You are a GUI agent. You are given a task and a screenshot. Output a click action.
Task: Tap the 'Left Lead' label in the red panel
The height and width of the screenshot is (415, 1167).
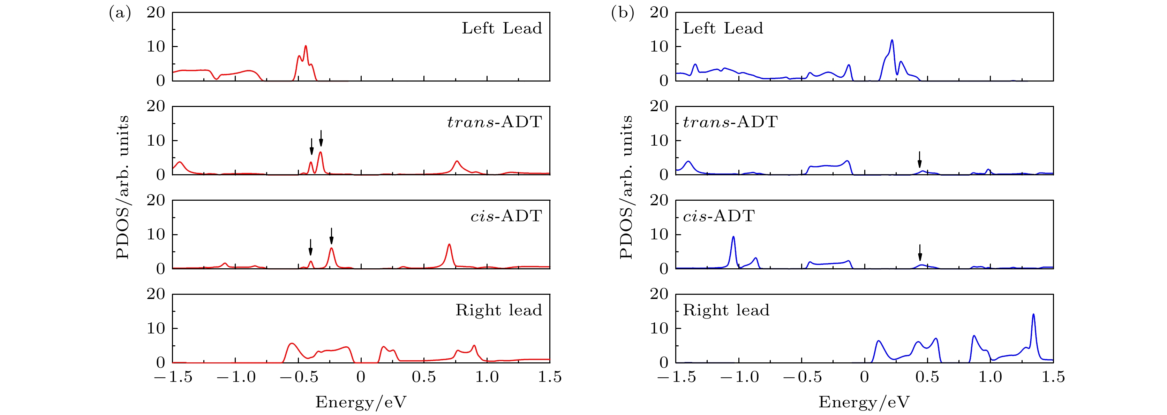(502, 29)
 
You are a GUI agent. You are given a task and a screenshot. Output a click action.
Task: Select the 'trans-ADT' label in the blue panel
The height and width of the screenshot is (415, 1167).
(730, 122)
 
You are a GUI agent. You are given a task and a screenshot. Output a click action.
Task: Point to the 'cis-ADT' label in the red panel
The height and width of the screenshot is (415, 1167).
(506, 216)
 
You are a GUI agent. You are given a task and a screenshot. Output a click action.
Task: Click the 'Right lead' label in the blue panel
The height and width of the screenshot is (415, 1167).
(726, 310)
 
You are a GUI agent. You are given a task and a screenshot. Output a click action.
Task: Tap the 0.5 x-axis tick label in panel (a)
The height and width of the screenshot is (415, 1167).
(423, 377)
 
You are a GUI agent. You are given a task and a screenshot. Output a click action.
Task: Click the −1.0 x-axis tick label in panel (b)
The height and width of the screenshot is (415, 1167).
(739, 377)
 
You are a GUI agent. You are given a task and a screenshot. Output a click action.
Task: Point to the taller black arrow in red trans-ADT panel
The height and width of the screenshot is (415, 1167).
(321, 138)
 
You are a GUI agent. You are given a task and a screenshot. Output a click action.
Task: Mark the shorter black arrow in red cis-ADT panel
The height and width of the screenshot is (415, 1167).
(310, 247)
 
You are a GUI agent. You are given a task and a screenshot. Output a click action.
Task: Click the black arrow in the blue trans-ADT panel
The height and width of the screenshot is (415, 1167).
(919, 159)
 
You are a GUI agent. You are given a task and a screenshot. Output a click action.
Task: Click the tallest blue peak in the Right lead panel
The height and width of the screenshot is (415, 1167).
(1033, 315)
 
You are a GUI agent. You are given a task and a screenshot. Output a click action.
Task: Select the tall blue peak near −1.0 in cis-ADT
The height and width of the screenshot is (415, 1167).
(733, 237)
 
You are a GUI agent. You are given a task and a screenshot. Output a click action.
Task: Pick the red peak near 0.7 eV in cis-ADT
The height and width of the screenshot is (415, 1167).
(449, 245)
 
